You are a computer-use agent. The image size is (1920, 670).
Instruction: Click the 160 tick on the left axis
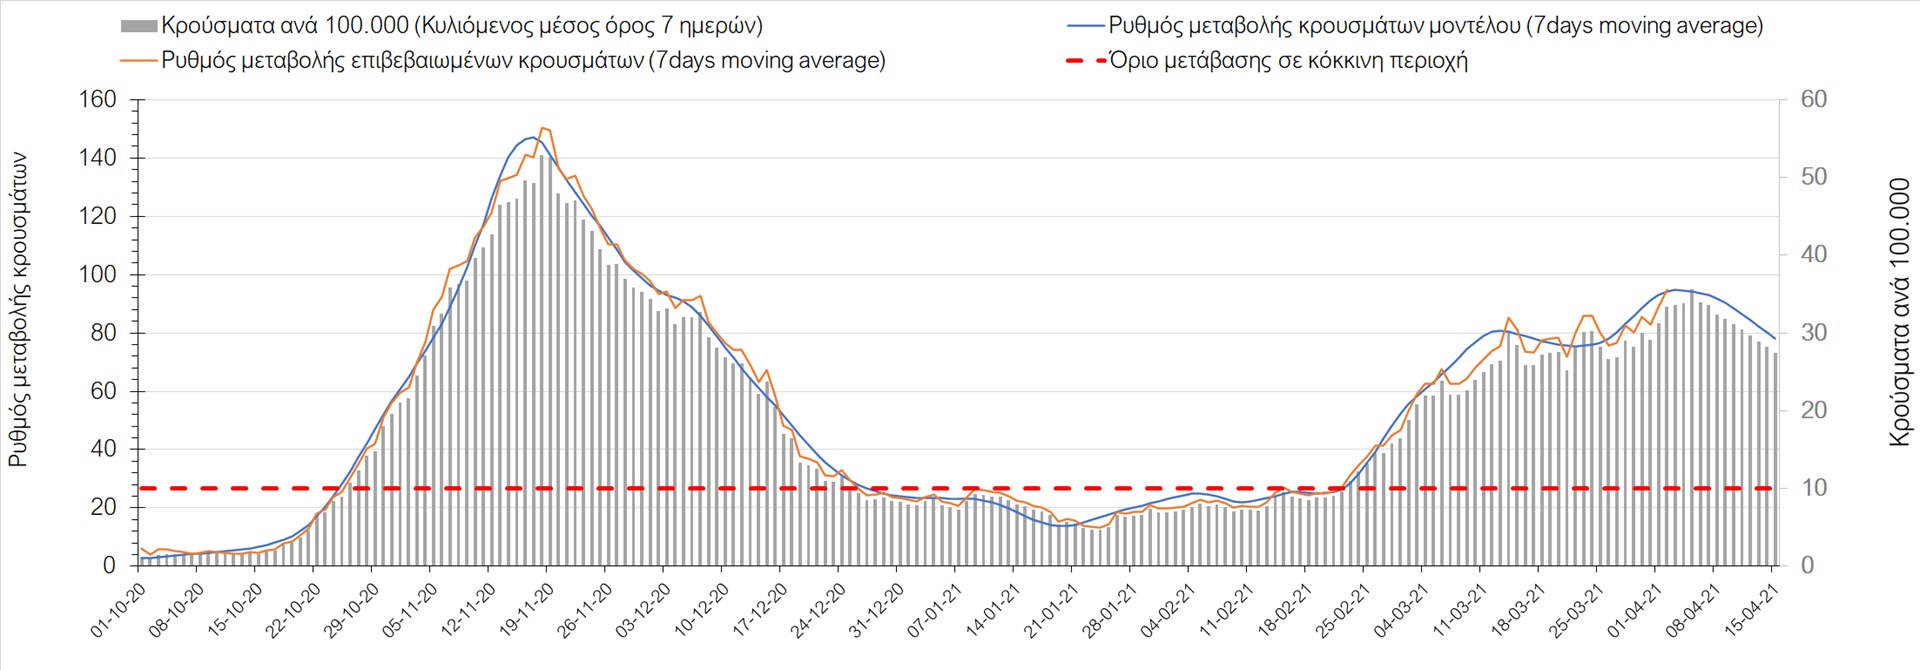[97, 100]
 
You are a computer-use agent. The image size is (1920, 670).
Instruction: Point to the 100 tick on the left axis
[97, 275]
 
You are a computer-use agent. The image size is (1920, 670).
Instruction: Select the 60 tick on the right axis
[1813, 100]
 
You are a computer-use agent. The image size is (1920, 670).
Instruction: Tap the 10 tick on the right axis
[1813, 488]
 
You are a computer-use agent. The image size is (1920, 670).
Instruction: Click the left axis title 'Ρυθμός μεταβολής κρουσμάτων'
[19, 310]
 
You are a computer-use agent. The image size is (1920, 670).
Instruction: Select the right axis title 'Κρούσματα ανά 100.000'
[1899, 312]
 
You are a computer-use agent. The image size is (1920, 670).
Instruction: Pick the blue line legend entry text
[1435, 26]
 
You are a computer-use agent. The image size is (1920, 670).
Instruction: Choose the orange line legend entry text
[523, 61]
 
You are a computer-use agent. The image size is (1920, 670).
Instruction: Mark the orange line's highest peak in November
[542, 128]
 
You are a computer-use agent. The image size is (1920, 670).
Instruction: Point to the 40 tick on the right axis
[1813, 255]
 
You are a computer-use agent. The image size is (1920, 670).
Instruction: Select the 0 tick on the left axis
[108, 566]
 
